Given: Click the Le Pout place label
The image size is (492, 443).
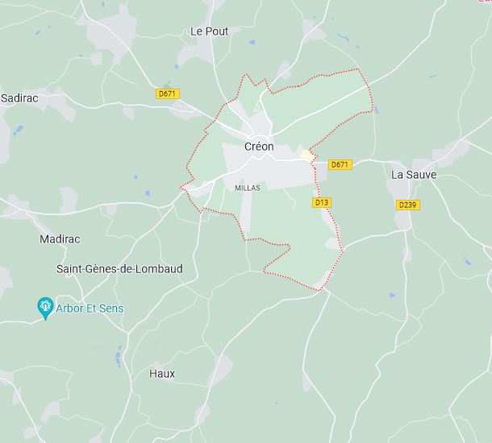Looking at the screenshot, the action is click(x=209, y=31).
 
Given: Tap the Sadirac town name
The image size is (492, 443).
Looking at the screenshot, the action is click(x=19, y=97).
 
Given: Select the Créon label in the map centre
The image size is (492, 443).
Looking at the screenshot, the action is click(x=259, y=147).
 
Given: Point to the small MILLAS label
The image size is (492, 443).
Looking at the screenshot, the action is click(x=248, y=188).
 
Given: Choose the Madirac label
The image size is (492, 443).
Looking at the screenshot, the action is click(x=60, y=239).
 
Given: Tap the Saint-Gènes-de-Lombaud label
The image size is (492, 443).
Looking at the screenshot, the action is click(x=119, y=268).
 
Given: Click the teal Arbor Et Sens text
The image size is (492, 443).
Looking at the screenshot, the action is click(x=90, y=308).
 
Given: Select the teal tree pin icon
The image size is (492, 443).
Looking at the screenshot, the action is click(x=45, y=306).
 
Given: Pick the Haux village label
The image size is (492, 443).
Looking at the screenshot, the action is click(x=162, y=374).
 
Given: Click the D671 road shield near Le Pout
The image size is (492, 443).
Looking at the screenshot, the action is click(x=168, y=94).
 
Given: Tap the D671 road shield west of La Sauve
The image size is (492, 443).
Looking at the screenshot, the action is click(x=340, y=164).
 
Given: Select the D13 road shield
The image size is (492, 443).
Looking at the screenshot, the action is click(x=322, y=202).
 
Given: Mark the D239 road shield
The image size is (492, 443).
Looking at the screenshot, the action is click(x=408, y=205).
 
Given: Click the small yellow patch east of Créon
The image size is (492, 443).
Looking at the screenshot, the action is click(x=306, y=154).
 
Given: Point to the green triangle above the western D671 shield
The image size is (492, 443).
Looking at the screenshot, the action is click(x=167, y=84).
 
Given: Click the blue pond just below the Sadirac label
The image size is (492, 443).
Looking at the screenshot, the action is click(x=18, y=129).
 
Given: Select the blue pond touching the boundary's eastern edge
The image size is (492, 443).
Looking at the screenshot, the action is click(x=376, y=110).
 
